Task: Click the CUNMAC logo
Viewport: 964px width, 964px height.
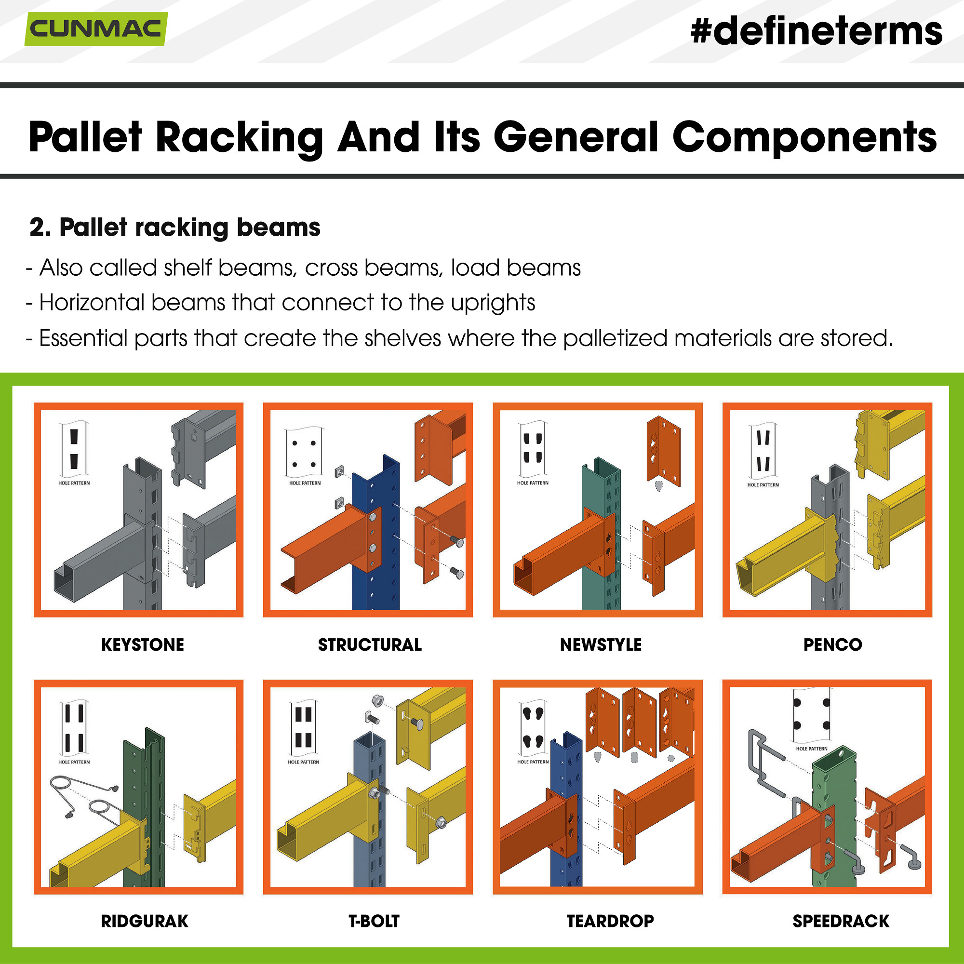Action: click(96, 29)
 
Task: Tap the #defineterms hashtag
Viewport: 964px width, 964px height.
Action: click(817, 31)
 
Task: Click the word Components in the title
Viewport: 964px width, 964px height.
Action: click(804, 137)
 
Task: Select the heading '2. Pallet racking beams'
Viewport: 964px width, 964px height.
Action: click(174, 228)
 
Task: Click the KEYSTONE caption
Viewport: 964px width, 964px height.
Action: click(143, 644)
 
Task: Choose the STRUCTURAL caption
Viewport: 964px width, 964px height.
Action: click(370, 644)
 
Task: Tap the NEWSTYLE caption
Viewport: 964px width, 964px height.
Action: click(601, 644)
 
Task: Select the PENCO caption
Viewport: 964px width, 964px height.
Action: click(832, 644)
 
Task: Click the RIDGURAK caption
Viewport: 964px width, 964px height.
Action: click(145, 921)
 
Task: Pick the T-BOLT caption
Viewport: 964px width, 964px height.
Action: click(374, 921)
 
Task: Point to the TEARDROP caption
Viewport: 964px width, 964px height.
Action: click(610, 921)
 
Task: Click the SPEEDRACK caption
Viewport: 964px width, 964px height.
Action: click(841, 921)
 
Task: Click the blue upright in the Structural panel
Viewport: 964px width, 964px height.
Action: click(384, 589)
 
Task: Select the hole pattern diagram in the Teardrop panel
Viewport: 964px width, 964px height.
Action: click(533, 728)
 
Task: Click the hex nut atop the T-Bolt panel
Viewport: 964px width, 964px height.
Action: click(378, 701)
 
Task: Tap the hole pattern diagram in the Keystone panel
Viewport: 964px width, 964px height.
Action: click(74, 449)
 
